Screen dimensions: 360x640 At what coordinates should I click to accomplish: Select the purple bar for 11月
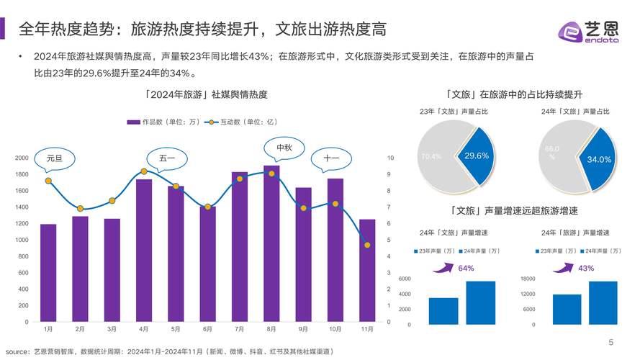point(367,270)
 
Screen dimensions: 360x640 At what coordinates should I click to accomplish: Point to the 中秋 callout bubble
point(284,149)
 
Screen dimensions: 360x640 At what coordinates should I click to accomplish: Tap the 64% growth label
point(466,268)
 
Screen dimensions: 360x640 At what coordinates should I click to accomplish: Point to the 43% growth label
point(586,268)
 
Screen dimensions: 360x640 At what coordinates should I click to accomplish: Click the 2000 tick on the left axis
point(22,158)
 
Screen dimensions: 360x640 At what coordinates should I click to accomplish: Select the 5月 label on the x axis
point(175,329)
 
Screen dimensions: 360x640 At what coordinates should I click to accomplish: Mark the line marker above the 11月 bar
point(367,245)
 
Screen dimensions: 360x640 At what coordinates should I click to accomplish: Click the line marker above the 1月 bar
point(48,181)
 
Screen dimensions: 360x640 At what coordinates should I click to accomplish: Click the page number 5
point(610,342)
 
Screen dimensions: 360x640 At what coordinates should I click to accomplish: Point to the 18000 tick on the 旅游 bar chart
point(528,279)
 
